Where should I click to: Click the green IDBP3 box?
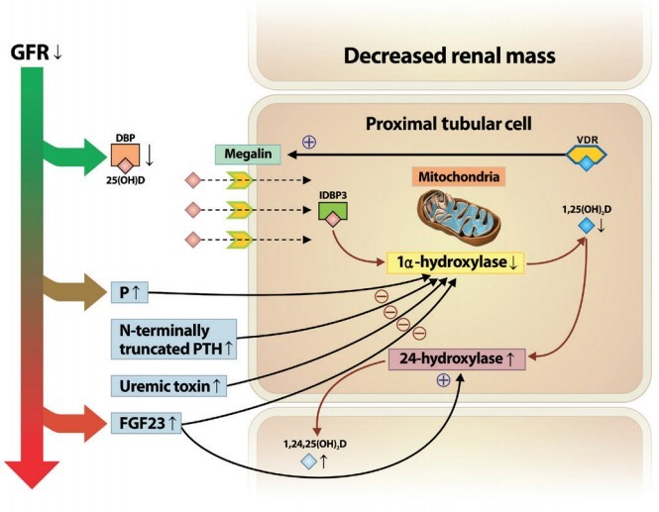tap(335, 210)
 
